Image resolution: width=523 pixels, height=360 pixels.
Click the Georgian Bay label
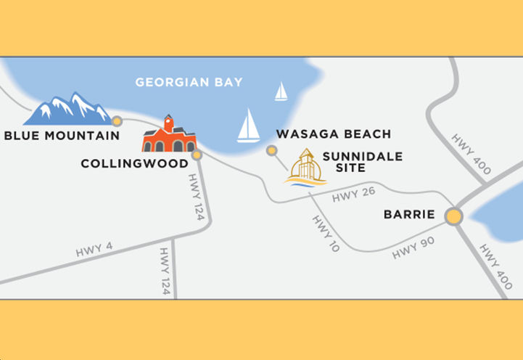tap(189, 82)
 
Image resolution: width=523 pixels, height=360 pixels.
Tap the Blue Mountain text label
tap(62, 135)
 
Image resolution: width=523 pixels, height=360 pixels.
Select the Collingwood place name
tap(134, 163)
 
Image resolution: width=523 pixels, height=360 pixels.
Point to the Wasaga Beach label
tap(334, 134)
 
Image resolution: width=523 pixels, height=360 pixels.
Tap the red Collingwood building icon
tap(169, 136)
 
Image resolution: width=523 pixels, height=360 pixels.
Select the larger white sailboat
tap(248, 126)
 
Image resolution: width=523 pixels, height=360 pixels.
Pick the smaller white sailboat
tap(281, 92)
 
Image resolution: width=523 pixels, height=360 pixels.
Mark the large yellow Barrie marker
tap(454, 216)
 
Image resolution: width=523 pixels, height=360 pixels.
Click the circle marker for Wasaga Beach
tap(271, 151)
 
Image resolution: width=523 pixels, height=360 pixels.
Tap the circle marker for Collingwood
tap(197, 155)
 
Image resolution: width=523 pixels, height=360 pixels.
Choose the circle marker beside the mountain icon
tap(117, 120)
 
